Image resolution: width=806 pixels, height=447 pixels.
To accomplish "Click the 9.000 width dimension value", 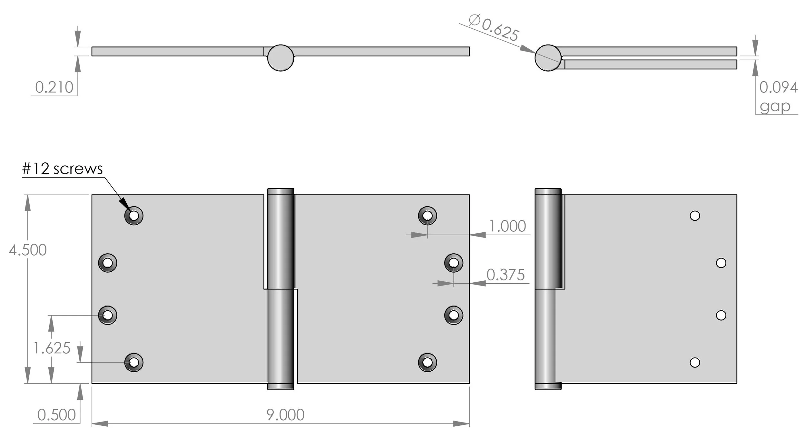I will [x=285, y=415].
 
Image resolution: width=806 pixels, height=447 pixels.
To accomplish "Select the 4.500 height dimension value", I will [x=28, y=250].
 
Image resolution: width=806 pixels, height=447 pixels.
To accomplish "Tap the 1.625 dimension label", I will [x=52, y=348].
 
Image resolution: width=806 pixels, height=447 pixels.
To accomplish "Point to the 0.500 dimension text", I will [x=56, y=415].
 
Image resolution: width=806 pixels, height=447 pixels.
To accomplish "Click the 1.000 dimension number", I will [x=507, y=226].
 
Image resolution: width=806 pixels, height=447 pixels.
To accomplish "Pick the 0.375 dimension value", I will [x=505, y=275].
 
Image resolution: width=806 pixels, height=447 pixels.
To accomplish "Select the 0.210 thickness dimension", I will [x=54, y=87].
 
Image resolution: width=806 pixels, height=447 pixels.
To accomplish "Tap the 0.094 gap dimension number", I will [x=778, y=87].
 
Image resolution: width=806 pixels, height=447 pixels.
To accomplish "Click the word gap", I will [x=775, y=106].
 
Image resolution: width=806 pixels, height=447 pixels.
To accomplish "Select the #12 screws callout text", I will [x=62, y=169].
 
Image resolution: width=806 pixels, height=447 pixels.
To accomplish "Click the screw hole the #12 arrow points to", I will [x=134, y=215].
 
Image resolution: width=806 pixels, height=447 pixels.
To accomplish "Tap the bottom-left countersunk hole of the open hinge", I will [x=134, y=363].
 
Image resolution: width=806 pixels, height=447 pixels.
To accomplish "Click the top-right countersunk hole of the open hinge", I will [x=428, y=215].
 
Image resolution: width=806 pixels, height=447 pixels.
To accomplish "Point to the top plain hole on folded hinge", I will [x=695, y=216].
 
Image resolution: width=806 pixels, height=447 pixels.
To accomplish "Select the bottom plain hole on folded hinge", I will [x=695, y=363].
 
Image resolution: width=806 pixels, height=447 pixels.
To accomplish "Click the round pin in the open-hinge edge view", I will [x=280, y=58].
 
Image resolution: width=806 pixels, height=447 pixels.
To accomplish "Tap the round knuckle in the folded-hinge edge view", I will [x=548, y=58].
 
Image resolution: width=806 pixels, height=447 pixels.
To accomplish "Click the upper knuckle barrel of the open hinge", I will [x=280, y=238].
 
